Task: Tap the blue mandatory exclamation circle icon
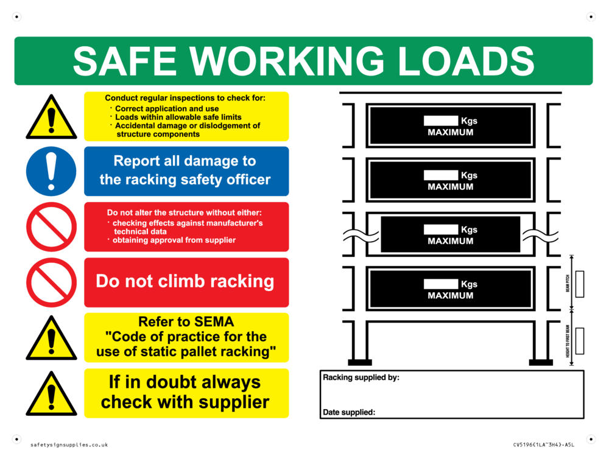click(51, 171)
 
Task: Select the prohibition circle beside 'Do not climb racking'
click(51, 282)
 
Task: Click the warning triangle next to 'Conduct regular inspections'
click(51, 118)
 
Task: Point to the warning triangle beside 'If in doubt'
click(51, 395)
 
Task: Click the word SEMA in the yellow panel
click(211, 321)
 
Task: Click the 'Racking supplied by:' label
click(361, 377)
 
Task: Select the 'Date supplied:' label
click(349, 412)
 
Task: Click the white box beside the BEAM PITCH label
click(579, 284)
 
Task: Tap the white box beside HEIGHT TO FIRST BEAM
click(579, 340)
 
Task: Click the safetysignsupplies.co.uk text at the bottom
click(69, 445)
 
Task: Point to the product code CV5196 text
click(543, 445)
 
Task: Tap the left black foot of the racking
click(359, 362)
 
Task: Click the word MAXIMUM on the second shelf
click(450, 187)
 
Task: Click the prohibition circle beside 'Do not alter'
click(51, 227)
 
